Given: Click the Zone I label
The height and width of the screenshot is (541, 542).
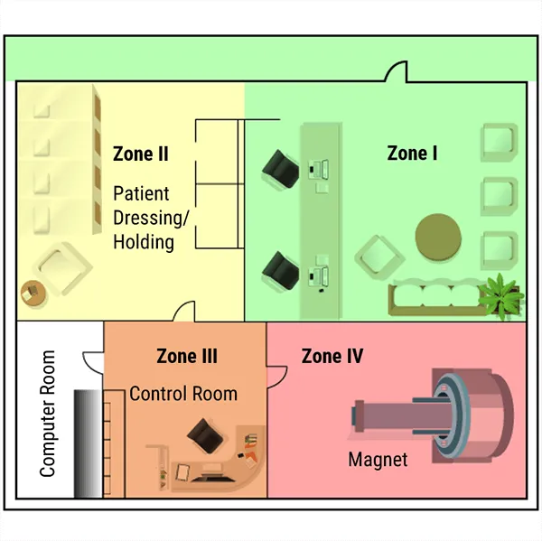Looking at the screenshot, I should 412,154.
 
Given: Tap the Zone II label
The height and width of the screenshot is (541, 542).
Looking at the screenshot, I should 140,154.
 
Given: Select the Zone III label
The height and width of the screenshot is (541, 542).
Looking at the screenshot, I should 186,357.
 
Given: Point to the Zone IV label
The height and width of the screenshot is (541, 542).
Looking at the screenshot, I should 332,357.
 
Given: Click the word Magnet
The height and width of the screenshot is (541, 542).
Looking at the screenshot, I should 378,460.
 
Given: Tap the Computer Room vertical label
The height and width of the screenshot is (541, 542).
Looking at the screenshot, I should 47,414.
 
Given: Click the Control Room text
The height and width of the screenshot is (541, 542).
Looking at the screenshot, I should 182,394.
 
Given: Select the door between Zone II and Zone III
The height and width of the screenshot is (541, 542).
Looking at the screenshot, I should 184,312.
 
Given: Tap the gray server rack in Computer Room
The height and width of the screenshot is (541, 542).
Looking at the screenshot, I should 86,443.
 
